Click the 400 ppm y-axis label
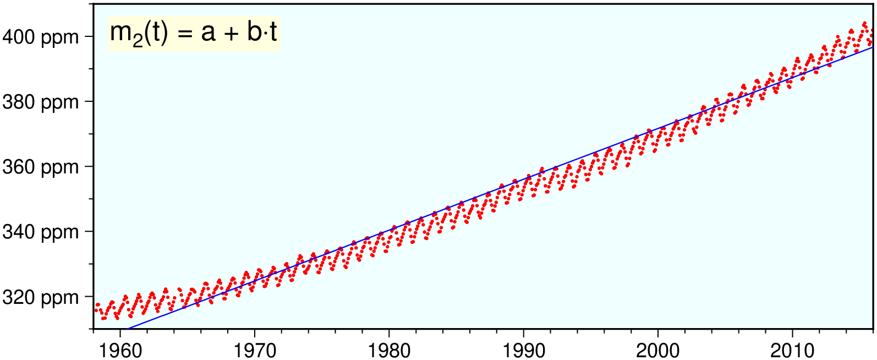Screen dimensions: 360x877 coord(41,37)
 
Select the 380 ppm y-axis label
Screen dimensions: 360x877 coord(41,102)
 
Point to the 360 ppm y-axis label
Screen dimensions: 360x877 coord(41,167)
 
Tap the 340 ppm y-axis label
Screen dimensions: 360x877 coord(41,232)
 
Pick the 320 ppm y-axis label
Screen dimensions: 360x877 coord(41,297)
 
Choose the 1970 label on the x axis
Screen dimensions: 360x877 coord(254,350)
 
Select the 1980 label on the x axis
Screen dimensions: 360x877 coord(389,350)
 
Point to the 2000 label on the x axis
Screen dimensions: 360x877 coord(658,350)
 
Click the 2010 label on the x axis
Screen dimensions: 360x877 coord(792,350)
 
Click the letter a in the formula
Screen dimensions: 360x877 coord(208,33)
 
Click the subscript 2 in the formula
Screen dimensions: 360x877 coord(138,41)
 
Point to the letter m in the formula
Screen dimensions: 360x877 coord(120,33)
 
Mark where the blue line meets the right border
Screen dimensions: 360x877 coord(873,47)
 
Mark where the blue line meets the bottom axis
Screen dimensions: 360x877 coord(128,329)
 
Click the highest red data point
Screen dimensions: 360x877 coord(865,23)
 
